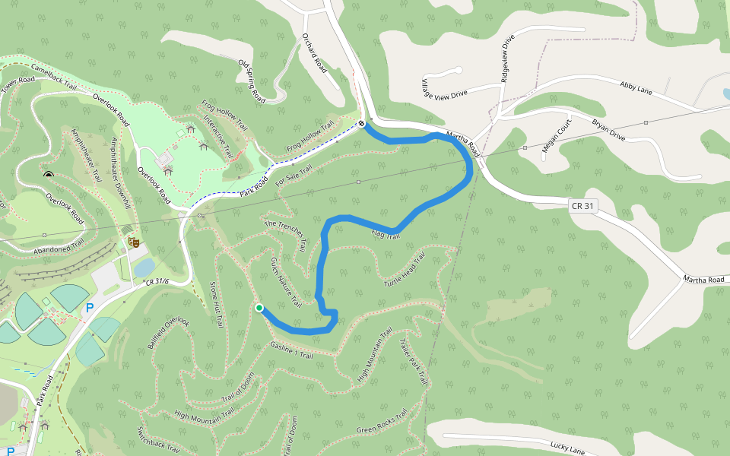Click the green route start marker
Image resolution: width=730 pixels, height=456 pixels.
coord(259,308)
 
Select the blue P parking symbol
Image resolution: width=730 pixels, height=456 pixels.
coord(90,308)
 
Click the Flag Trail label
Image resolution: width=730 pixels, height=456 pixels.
coord(386,236)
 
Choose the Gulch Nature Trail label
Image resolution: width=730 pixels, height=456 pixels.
coord(286,282)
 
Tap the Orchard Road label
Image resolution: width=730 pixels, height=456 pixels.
coord(314,52)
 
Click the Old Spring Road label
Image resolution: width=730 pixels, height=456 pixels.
coord(251,81)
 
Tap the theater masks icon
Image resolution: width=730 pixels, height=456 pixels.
coord(135,242)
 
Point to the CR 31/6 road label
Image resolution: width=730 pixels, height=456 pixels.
coord(156,282)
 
